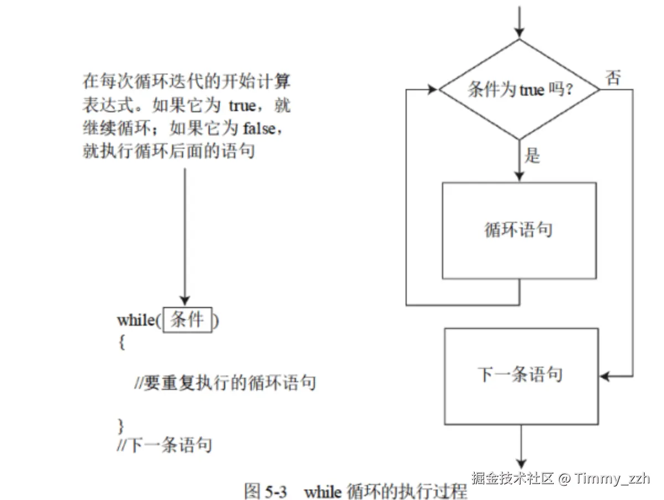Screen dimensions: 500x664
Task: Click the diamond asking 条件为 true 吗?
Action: pos(519,89)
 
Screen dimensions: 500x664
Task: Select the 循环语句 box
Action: pos(519,230)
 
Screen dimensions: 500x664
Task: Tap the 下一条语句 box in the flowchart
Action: pos(520,376)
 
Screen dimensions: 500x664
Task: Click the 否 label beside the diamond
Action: pos(613,77)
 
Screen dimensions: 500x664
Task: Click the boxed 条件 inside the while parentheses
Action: pos(187,320)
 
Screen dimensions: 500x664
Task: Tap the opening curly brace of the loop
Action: pos(122,342)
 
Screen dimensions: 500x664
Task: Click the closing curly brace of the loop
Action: pos(122,425)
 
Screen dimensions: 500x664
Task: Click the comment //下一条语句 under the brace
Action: pos(164,445)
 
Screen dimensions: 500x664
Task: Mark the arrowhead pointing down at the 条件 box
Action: pos(185,299)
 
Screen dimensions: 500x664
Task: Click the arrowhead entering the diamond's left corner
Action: pos(433,89)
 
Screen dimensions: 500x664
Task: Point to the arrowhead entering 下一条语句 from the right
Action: pos(605,377)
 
